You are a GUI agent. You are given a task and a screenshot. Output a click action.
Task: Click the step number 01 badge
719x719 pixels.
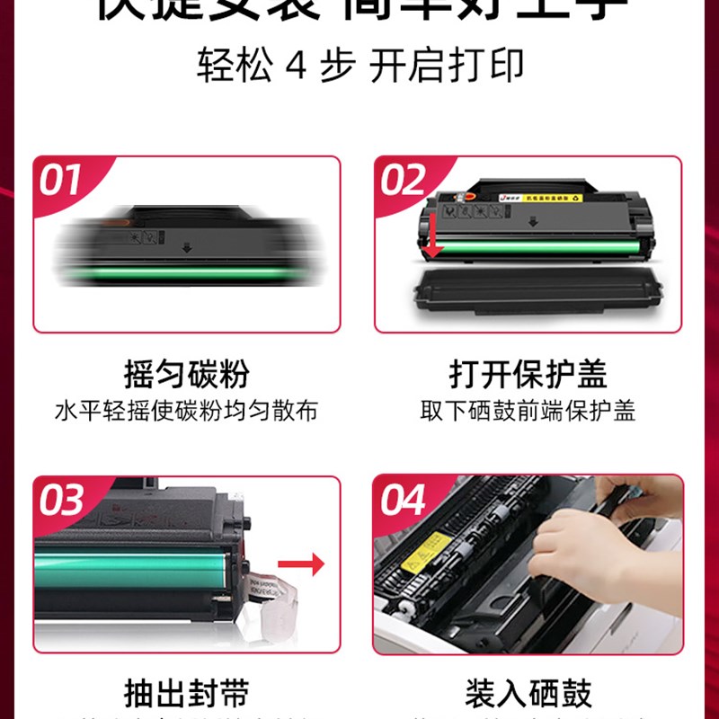click(61, 181)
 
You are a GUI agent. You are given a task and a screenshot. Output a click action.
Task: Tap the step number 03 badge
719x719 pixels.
click(61, 501)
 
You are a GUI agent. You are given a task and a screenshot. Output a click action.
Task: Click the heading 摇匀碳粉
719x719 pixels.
click(187, 374)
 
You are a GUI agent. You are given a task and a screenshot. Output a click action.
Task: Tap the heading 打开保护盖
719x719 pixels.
click(528, 374)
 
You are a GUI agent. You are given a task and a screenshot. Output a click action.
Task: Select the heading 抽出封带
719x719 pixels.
click(187, 694)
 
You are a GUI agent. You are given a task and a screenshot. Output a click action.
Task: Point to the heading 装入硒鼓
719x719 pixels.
click(528, 694)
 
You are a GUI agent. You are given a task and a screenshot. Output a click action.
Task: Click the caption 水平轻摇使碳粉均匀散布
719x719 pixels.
click(187, 412)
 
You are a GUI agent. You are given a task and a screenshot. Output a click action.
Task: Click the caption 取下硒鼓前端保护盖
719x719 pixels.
click(528, 412)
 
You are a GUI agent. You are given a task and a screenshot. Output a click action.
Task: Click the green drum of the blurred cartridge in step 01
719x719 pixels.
click(189, 272)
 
